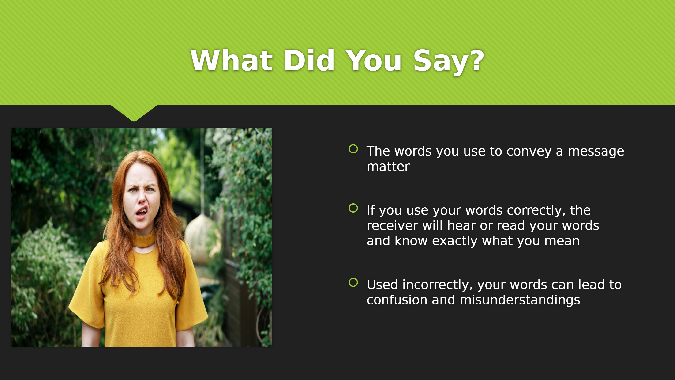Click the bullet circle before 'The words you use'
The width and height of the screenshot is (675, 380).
[x=353, y=149]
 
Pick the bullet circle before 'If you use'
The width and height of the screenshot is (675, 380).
[x=353, y=208]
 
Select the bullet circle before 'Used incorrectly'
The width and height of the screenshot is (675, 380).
[x=353, y=282]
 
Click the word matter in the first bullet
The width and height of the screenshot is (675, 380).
[x=388, y=167]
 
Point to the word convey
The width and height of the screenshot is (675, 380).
[x=529, y=152]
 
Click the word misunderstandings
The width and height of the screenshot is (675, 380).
[x=520, y=300]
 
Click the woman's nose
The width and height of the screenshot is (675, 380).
[x=142, y=198]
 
